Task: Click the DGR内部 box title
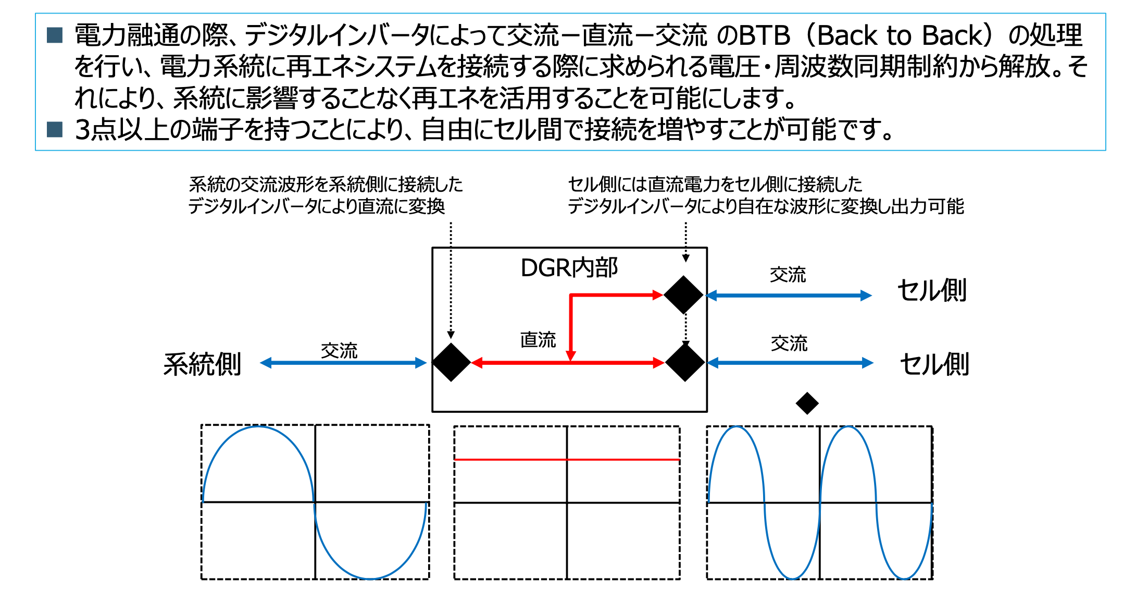click(x=569, y=268)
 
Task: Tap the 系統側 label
click(x=202, y=364)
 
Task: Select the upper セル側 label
click(x=932, y=290)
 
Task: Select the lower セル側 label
click(x=934, y=364)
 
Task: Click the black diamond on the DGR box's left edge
click(x=452, y=362)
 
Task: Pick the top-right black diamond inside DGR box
click(x=684, y=295)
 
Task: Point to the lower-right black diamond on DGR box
click(x=685, y=362)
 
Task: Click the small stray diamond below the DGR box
click(x=807, y=403)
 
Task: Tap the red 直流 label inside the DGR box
click(x=538, y=340)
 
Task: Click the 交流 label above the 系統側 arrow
click(x=339, y=351)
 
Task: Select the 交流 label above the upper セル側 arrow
click(x=788, y=275)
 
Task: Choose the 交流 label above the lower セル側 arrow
click(x=789, y=343)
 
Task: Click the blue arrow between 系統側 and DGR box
click(x=343, y=363)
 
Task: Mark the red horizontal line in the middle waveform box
click(x=567, y=459)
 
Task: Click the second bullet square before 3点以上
click(x=55, y=129)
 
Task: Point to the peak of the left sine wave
click(x=258, y=427)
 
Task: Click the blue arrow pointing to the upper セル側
click(x=789, y=295)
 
